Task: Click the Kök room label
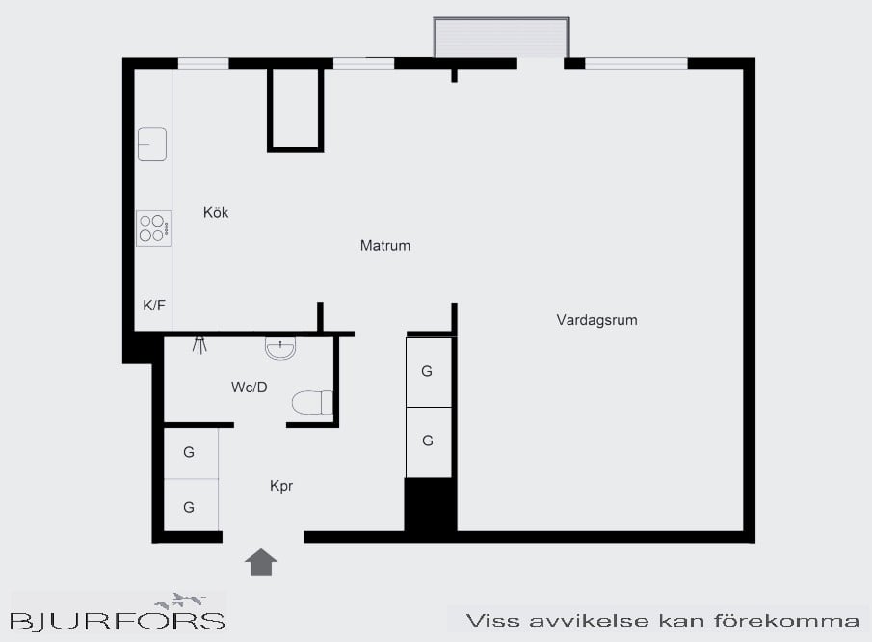tap(216, 213)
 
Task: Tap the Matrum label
tap(385, 246)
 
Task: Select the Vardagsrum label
tap(596, 320)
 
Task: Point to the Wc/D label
tap(249, 388)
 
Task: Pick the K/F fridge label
tap(154, 306)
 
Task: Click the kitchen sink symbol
tap(152, 144)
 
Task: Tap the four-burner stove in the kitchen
tap(153, 228)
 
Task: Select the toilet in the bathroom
tap(312, 402)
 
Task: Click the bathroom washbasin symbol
tap(280, 348)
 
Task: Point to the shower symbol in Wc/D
tap(199, 344)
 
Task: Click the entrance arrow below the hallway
tap(261, 562)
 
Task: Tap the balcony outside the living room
tap(501, 38)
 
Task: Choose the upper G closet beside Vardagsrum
tap(428, 371)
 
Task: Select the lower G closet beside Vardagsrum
tap(428, 441)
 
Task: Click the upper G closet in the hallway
tap(190, 452)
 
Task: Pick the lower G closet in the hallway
tap(190, 507)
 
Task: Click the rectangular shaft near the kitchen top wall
tap(295, 109)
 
